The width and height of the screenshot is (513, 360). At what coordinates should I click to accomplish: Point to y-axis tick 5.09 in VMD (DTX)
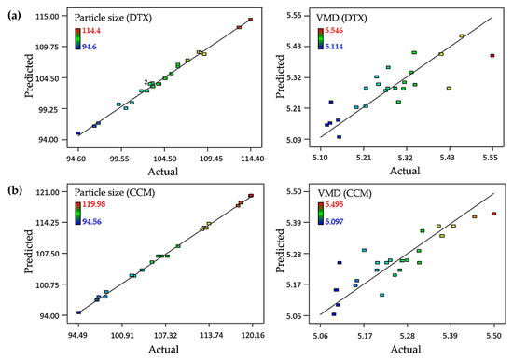click(291, 140)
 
